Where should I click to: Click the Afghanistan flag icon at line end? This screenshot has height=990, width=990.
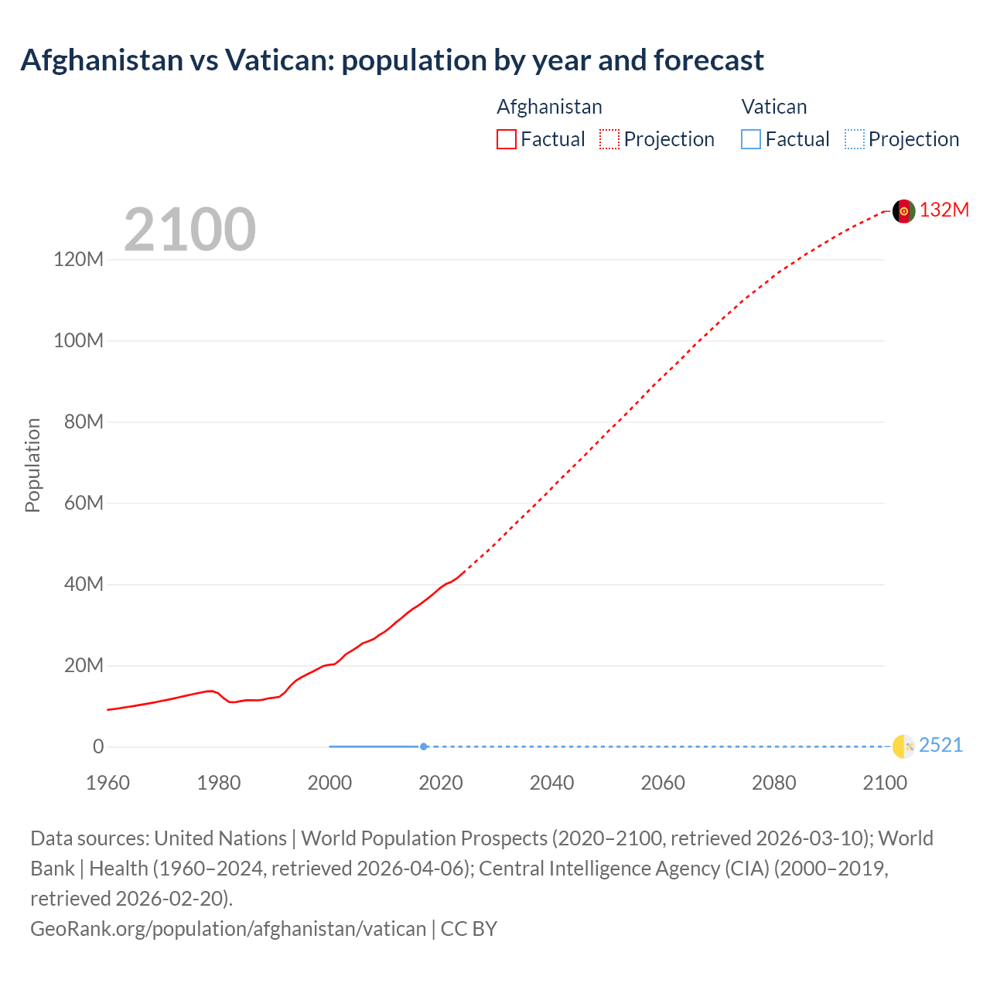coord(903,211)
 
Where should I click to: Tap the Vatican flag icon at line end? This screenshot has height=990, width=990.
coord(903,746)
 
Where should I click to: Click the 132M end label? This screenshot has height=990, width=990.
coord(944,210)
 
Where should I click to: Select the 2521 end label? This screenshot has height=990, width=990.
coord(941,745)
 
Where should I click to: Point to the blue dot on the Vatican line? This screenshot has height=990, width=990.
coord(423,746)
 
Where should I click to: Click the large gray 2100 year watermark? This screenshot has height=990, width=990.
coord(189,229)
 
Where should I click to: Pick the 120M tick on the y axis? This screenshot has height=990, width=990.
coord(78,259)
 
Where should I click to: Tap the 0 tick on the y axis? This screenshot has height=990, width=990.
coord(98,746)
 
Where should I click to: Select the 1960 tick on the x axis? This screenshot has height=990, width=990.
coord(108,783)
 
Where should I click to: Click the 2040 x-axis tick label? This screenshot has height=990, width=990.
coord(551,783)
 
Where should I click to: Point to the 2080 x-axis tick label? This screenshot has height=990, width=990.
coord(773,783)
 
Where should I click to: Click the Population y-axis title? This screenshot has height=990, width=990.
coord(32,465)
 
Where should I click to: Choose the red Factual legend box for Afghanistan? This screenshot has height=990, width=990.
coord(507,139)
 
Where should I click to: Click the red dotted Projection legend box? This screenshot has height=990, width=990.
coord(609,139)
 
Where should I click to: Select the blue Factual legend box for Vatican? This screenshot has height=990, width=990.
coord(751,139)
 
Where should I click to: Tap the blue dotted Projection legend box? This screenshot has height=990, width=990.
coord(855,139)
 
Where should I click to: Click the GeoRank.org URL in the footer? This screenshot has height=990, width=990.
coord(228,928)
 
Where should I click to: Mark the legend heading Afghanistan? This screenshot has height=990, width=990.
coord(549,107)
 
